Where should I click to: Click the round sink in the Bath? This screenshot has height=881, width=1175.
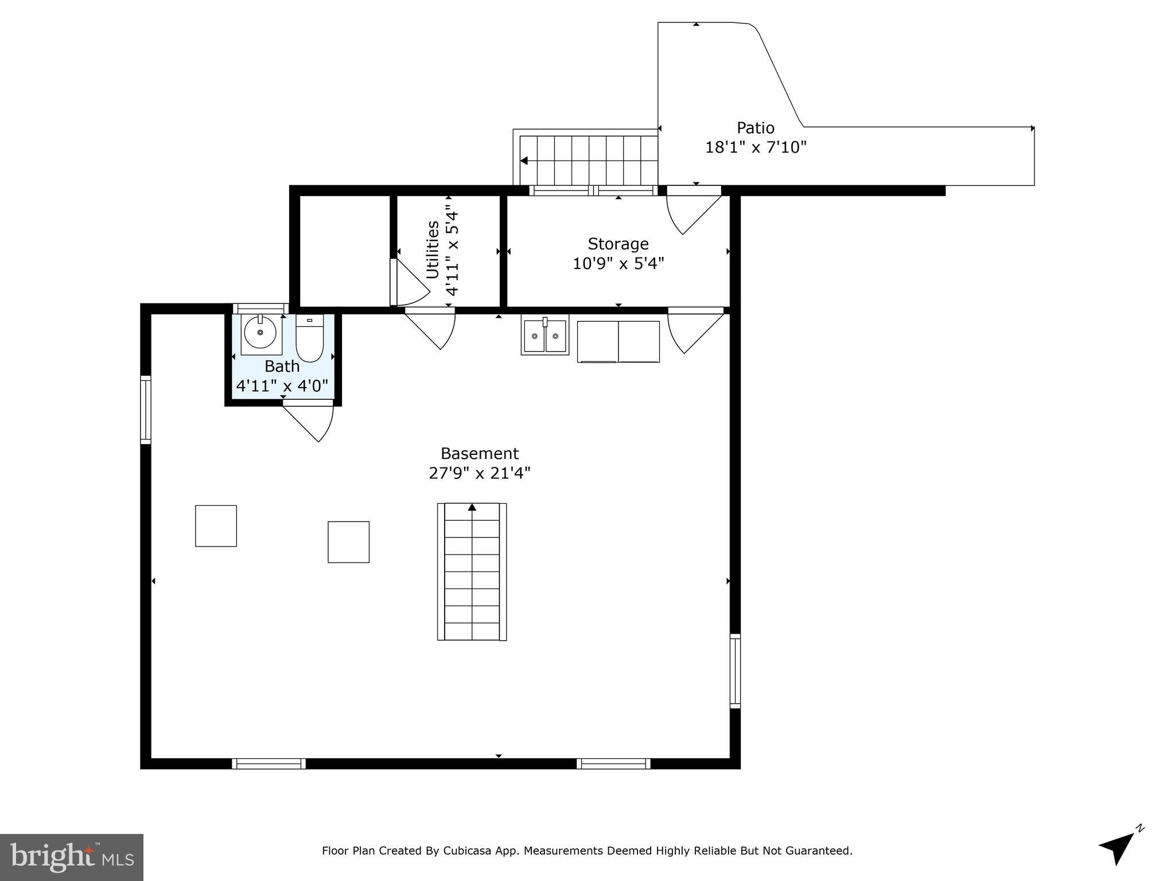[260, 333]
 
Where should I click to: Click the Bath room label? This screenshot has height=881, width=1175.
[282, 366]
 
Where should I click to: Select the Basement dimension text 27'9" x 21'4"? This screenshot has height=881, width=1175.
[480, 473]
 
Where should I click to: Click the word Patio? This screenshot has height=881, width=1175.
[756, 127]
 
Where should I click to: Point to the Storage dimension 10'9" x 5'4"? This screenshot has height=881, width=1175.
[618, 263]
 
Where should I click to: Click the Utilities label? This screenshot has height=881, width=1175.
[433, 250]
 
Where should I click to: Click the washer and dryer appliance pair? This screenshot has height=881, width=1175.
[618, 341]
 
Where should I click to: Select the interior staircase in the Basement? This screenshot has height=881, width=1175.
[472, 571]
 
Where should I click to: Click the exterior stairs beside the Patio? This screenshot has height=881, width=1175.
[588, 160]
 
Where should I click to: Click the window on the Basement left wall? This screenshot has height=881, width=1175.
[146, 410]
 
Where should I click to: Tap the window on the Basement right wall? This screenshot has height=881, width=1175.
[735, 671]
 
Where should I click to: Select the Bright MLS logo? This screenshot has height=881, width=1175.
[71, 857]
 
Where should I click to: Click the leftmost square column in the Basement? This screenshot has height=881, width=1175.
[216, 525]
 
